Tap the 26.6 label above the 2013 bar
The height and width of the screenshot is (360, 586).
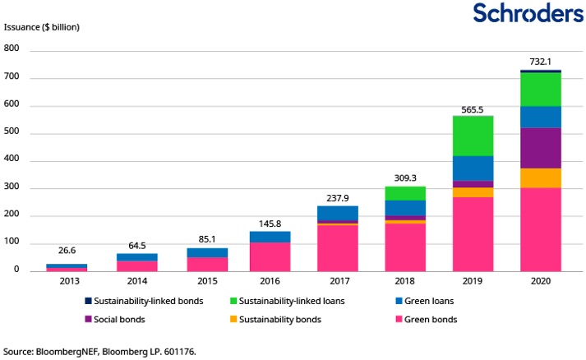[67, 251]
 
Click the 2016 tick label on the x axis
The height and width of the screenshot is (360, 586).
[270, 281]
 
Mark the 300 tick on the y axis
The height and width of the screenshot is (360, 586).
[12, 188]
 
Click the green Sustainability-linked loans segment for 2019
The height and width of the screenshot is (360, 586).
[472, 136]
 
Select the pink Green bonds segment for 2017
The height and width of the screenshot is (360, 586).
[337, 247]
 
